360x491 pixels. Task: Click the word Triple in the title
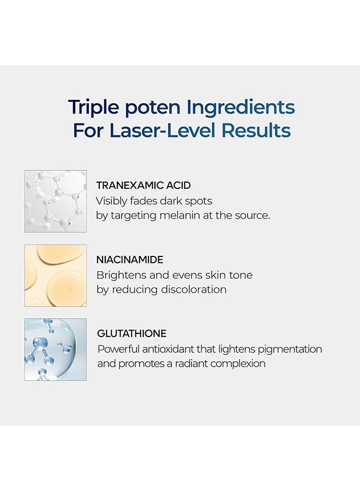[x=94, y=107]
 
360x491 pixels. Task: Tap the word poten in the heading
[x=152, y=108]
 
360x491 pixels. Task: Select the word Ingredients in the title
[x=241, y=107]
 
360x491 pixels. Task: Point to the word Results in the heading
[x=256, y=130]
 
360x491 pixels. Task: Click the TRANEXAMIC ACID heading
[x=143, y=185]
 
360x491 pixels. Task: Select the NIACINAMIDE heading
[x=130, y=260]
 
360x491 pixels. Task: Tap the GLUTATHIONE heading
[x=132, y=333]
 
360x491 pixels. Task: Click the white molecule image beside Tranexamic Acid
[x=56, y=201]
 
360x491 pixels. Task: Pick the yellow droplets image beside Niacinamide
[x=56, y=276]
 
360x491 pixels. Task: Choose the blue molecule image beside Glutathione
[x=56, y=350]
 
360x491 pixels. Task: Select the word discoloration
[x=194, y=290]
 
